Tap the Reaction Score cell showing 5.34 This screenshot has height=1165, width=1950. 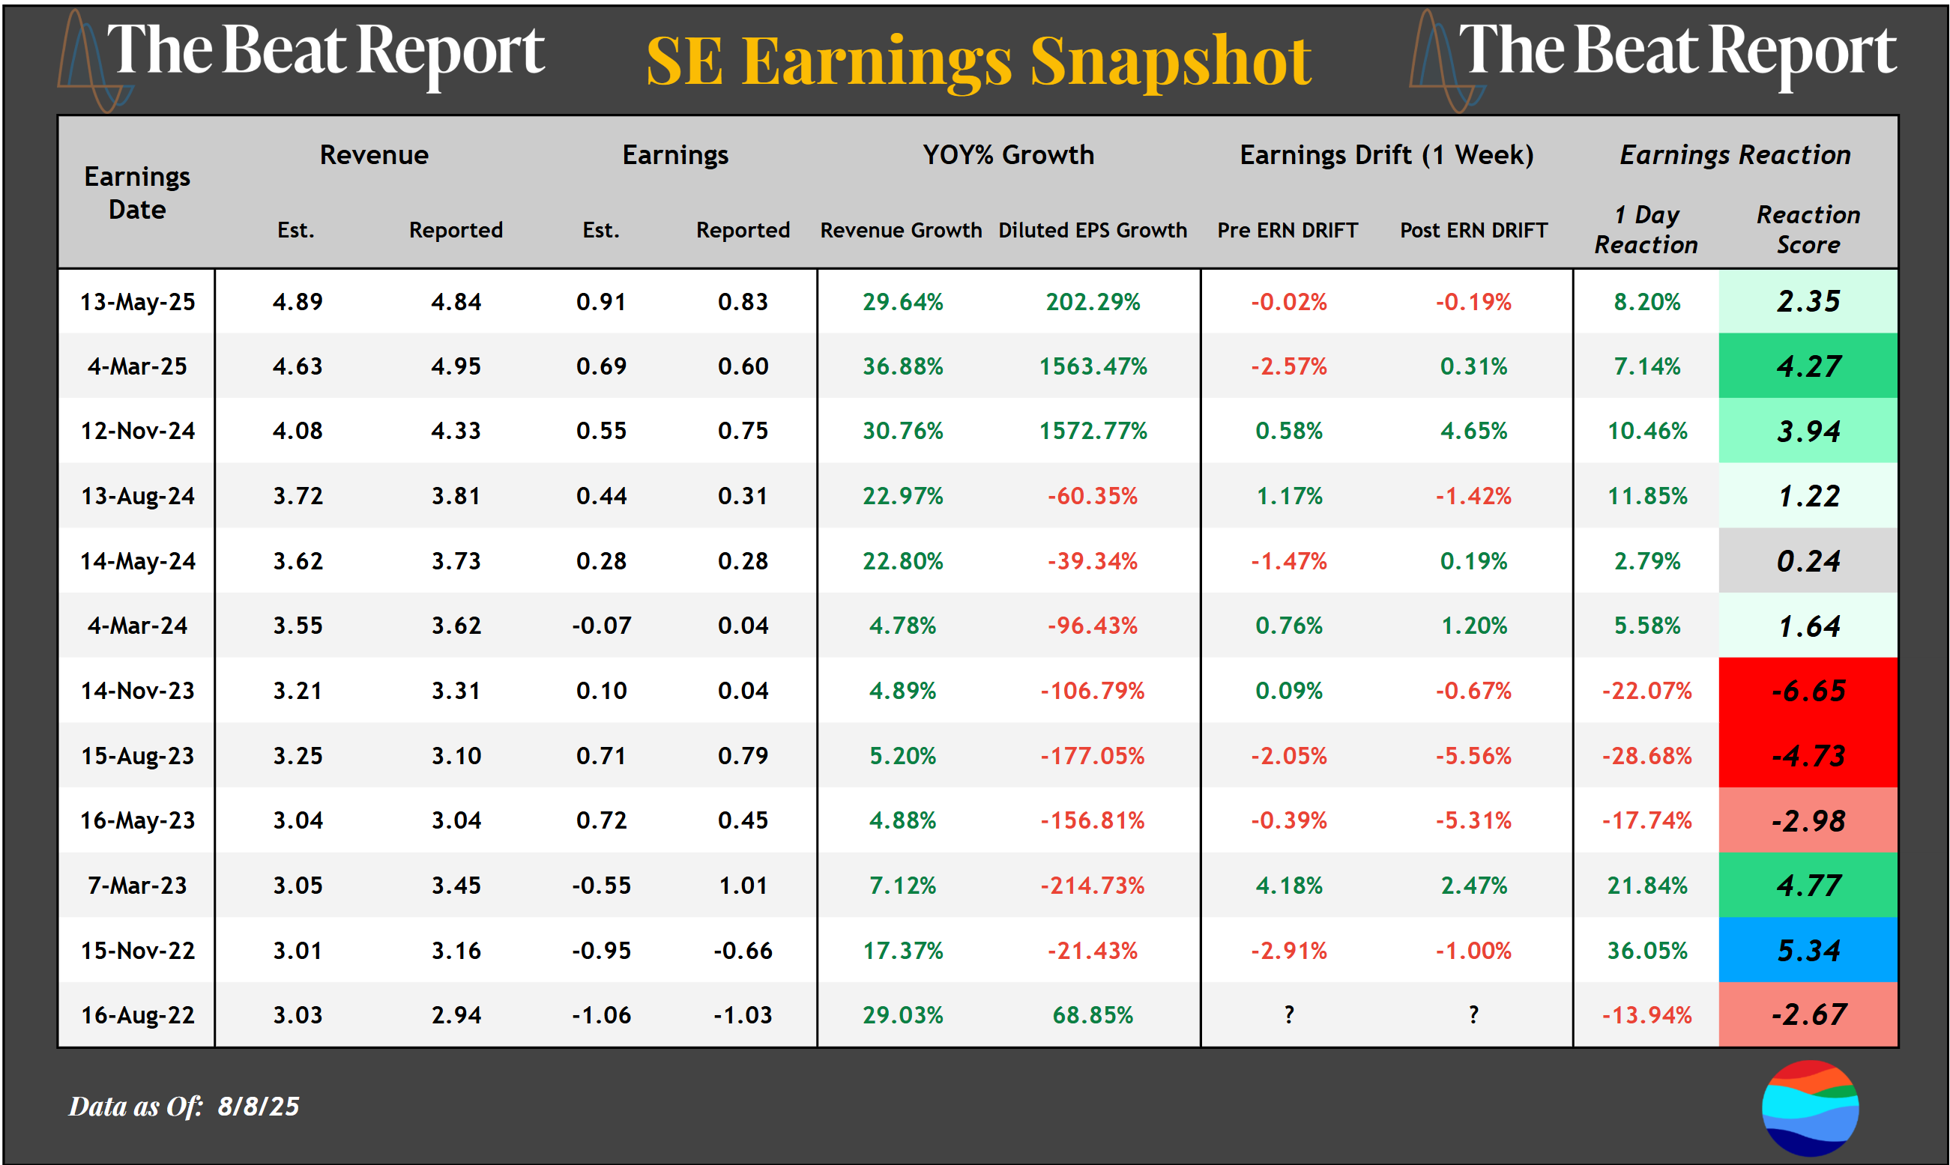tap(1808, 951)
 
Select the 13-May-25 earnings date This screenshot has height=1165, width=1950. tap(137, 302)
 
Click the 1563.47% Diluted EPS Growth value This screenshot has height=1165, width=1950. tap(1093, 366)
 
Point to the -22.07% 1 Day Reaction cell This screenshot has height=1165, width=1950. tap(1646, 691)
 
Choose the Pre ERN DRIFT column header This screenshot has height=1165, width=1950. tap(1288, 231)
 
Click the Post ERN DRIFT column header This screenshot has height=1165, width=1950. tap(1473, 231)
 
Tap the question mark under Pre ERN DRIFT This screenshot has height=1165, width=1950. tap(1289, 1015)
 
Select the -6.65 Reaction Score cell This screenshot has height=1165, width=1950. tap(1808, 691)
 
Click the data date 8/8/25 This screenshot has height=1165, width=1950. tap(259, 1106)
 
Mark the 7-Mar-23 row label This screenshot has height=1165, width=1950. tap(137, 886)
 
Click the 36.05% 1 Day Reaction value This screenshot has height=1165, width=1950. tap(1646, 951)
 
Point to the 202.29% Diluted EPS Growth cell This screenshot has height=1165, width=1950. tap(1093, 302)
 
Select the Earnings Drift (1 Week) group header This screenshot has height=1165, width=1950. tap(1386, 155)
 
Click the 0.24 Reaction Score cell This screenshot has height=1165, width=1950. tap(1808, 561)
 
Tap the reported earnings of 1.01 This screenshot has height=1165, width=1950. tap(743, 886)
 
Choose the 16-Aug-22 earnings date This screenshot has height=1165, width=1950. tap(137, 1015)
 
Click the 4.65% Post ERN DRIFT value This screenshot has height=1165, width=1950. tap(1473, 431)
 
